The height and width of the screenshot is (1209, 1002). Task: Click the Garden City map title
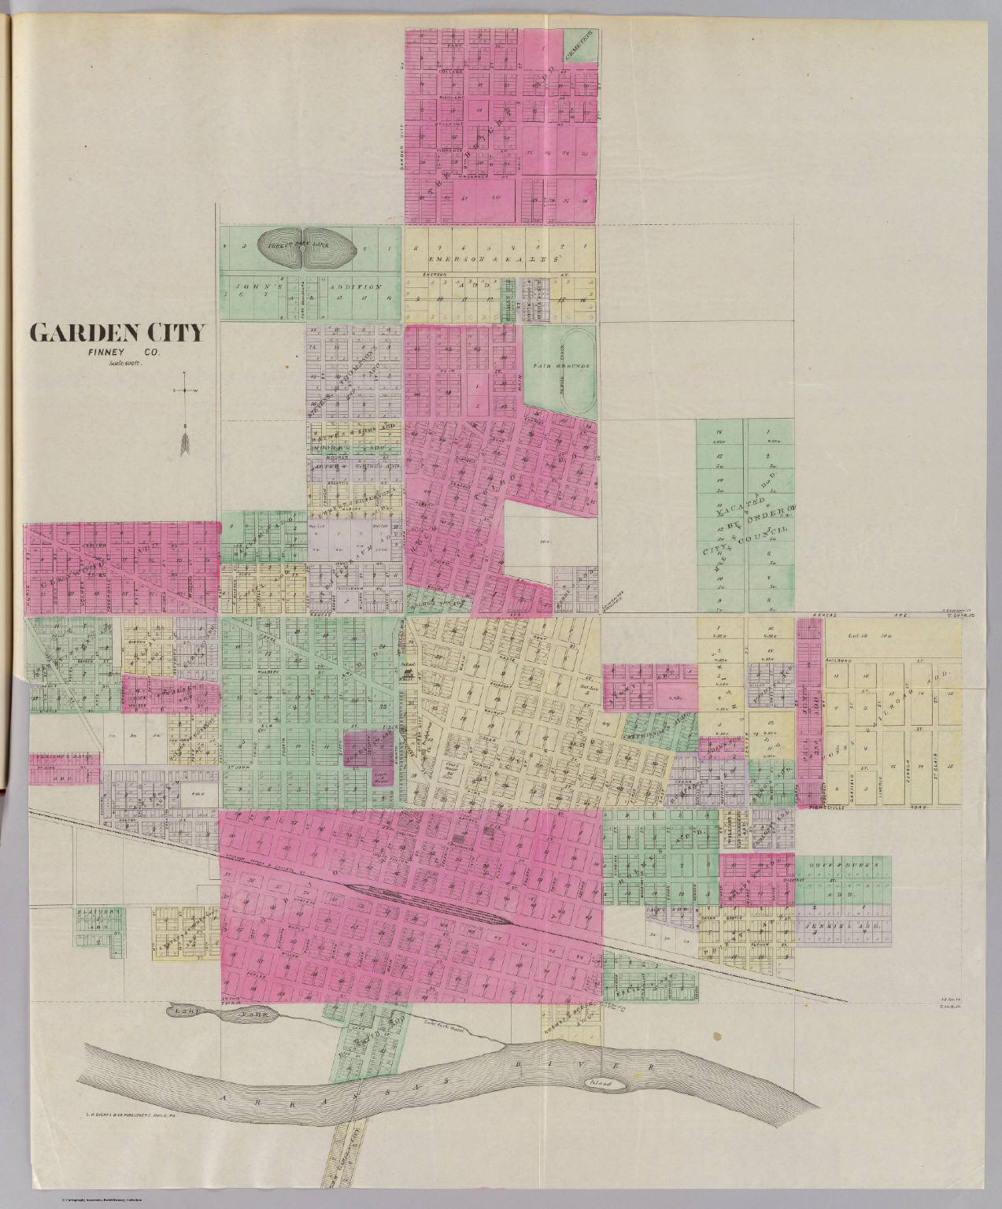[116, 332]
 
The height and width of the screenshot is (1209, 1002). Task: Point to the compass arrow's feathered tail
[185, 444]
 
